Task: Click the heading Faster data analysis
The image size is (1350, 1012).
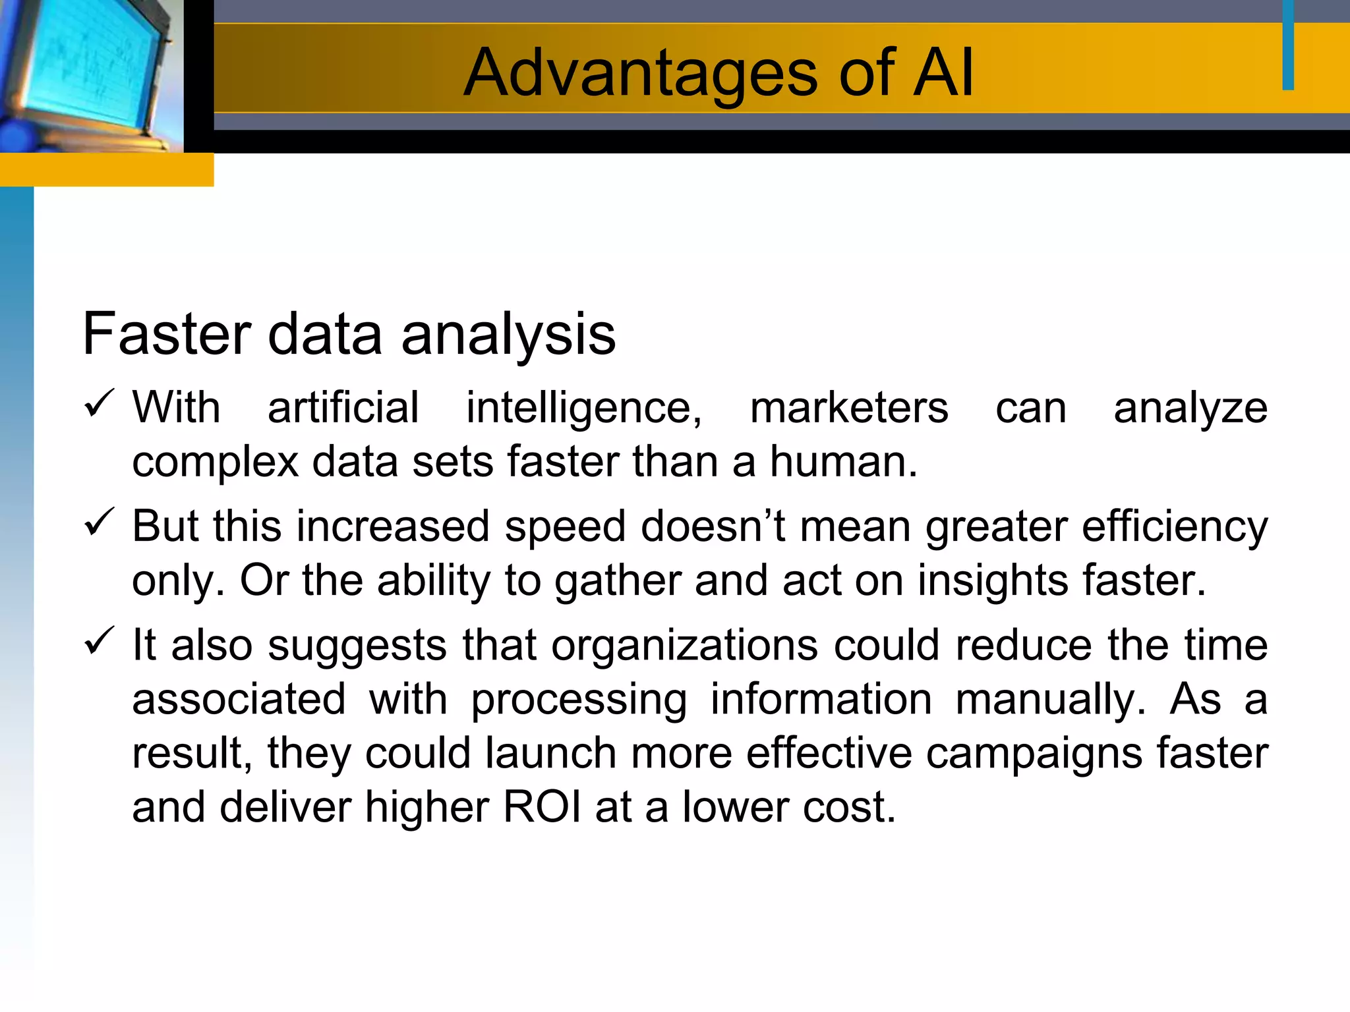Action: (349, 334)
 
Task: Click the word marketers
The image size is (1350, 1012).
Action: (849, 408)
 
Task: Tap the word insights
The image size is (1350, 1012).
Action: (993, 580)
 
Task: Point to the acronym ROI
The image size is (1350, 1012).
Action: (543, 807)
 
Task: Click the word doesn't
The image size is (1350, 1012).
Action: (713, 526)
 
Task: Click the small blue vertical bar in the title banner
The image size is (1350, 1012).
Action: (1288, 45)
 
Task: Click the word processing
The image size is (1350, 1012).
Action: (579, 700)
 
